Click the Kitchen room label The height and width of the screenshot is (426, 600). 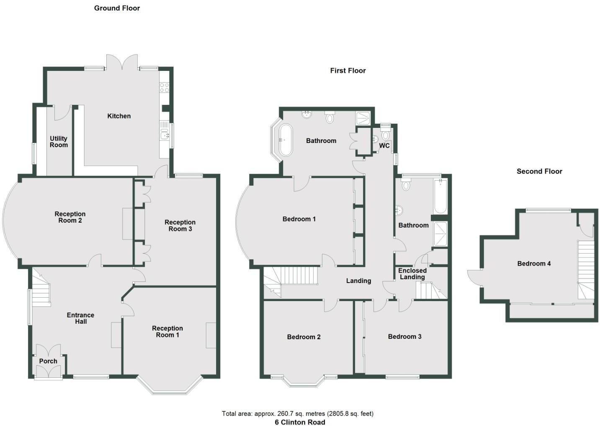pos(119,116)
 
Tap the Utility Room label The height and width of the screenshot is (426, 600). pos(59,142)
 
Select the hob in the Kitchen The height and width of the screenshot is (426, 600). pos(164,88)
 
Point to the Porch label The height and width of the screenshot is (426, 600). pos(48,361)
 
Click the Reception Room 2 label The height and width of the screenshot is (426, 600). pos(70,217)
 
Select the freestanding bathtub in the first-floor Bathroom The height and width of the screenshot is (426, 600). pos(286,140)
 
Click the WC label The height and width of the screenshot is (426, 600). pos(384,146)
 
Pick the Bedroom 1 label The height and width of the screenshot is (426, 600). pos(299,219)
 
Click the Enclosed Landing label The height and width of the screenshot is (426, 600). pos(412,274)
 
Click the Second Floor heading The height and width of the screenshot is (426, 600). pos(539,171)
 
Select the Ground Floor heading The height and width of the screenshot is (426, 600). pos(117,8)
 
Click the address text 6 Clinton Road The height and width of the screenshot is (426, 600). pos(300,422)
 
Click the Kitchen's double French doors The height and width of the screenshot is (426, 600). pos(121,63)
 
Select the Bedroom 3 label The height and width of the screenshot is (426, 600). pos(404,337)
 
